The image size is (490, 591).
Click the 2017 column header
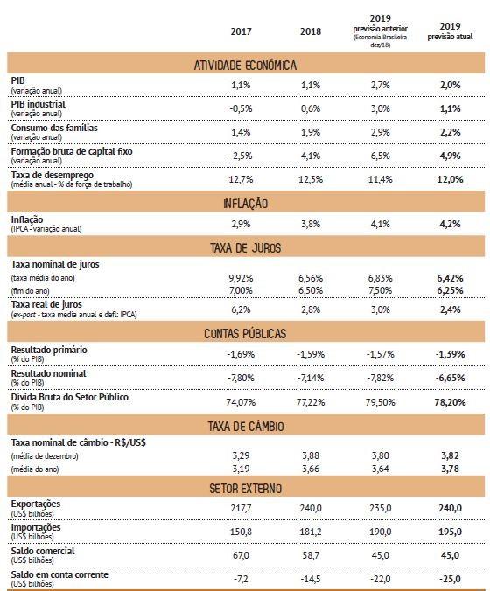click(x=241, y=31)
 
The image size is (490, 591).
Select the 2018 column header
click(x=311, y=31)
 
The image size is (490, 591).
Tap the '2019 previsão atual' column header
click(x=450, y=31)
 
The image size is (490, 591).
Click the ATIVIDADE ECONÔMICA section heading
click(x=245, y=66)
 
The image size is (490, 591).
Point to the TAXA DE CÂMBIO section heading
click(x=246, y=427)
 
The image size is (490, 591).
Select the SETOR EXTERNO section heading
click(x=246, y=489)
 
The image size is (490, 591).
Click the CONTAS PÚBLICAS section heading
click(x=245, y=334)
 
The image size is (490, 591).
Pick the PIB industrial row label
click(x=38, y=104)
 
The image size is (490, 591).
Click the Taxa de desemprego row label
click(x=52, y=175)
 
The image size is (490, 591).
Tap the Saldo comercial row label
click(x=43, y=551)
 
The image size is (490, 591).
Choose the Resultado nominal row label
click(x=48, y=373)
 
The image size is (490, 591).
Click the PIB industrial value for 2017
click(x=241, y=108)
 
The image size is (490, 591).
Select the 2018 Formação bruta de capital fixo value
click(x=311, y=156)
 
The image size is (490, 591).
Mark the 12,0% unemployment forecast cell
click(x=450, y=179)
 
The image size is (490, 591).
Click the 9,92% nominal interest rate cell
click(x=241, y=278)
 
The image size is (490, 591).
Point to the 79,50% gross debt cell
click(x=381, y=402)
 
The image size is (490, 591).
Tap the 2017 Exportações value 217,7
click(x=241, y=508)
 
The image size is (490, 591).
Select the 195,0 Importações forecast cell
click(x=450, y=532)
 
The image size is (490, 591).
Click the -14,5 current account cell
click(x=311, y=579)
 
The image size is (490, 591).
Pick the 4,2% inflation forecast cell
click(x=450, y=224)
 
